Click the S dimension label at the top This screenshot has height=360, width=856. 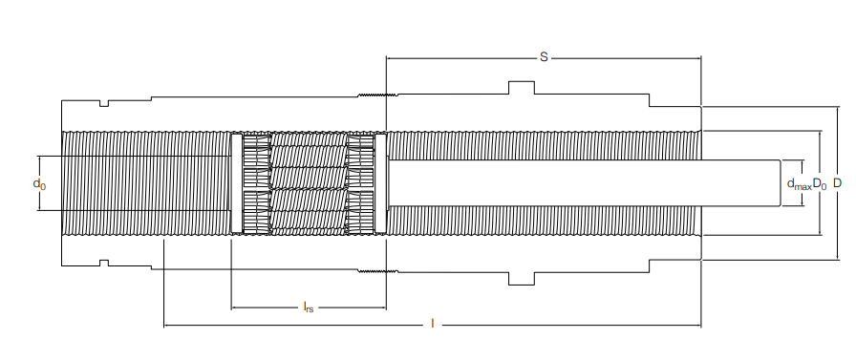544,57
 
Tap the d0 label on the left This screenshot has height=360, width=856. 38,181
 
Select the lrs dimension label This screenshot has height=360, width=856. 308,307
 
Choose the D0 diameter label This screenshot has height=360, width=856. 820,182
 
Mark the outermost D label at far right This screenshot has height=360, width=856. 838,181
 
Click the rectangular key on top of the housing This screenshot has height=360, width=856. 521,88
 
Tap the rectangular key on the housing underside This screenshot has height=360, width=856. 521,278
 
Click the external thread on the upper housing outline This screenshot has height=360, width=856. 378,95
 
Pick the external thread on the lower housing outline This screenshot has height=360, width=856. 378,271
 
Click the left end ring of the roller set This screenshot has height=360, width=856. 236,182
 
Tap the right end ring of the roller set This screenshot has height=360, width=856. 380,182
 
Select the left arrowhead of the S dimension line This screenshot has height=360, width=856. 389,57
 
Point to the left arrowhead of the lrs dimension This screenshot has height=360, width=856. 234,307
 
